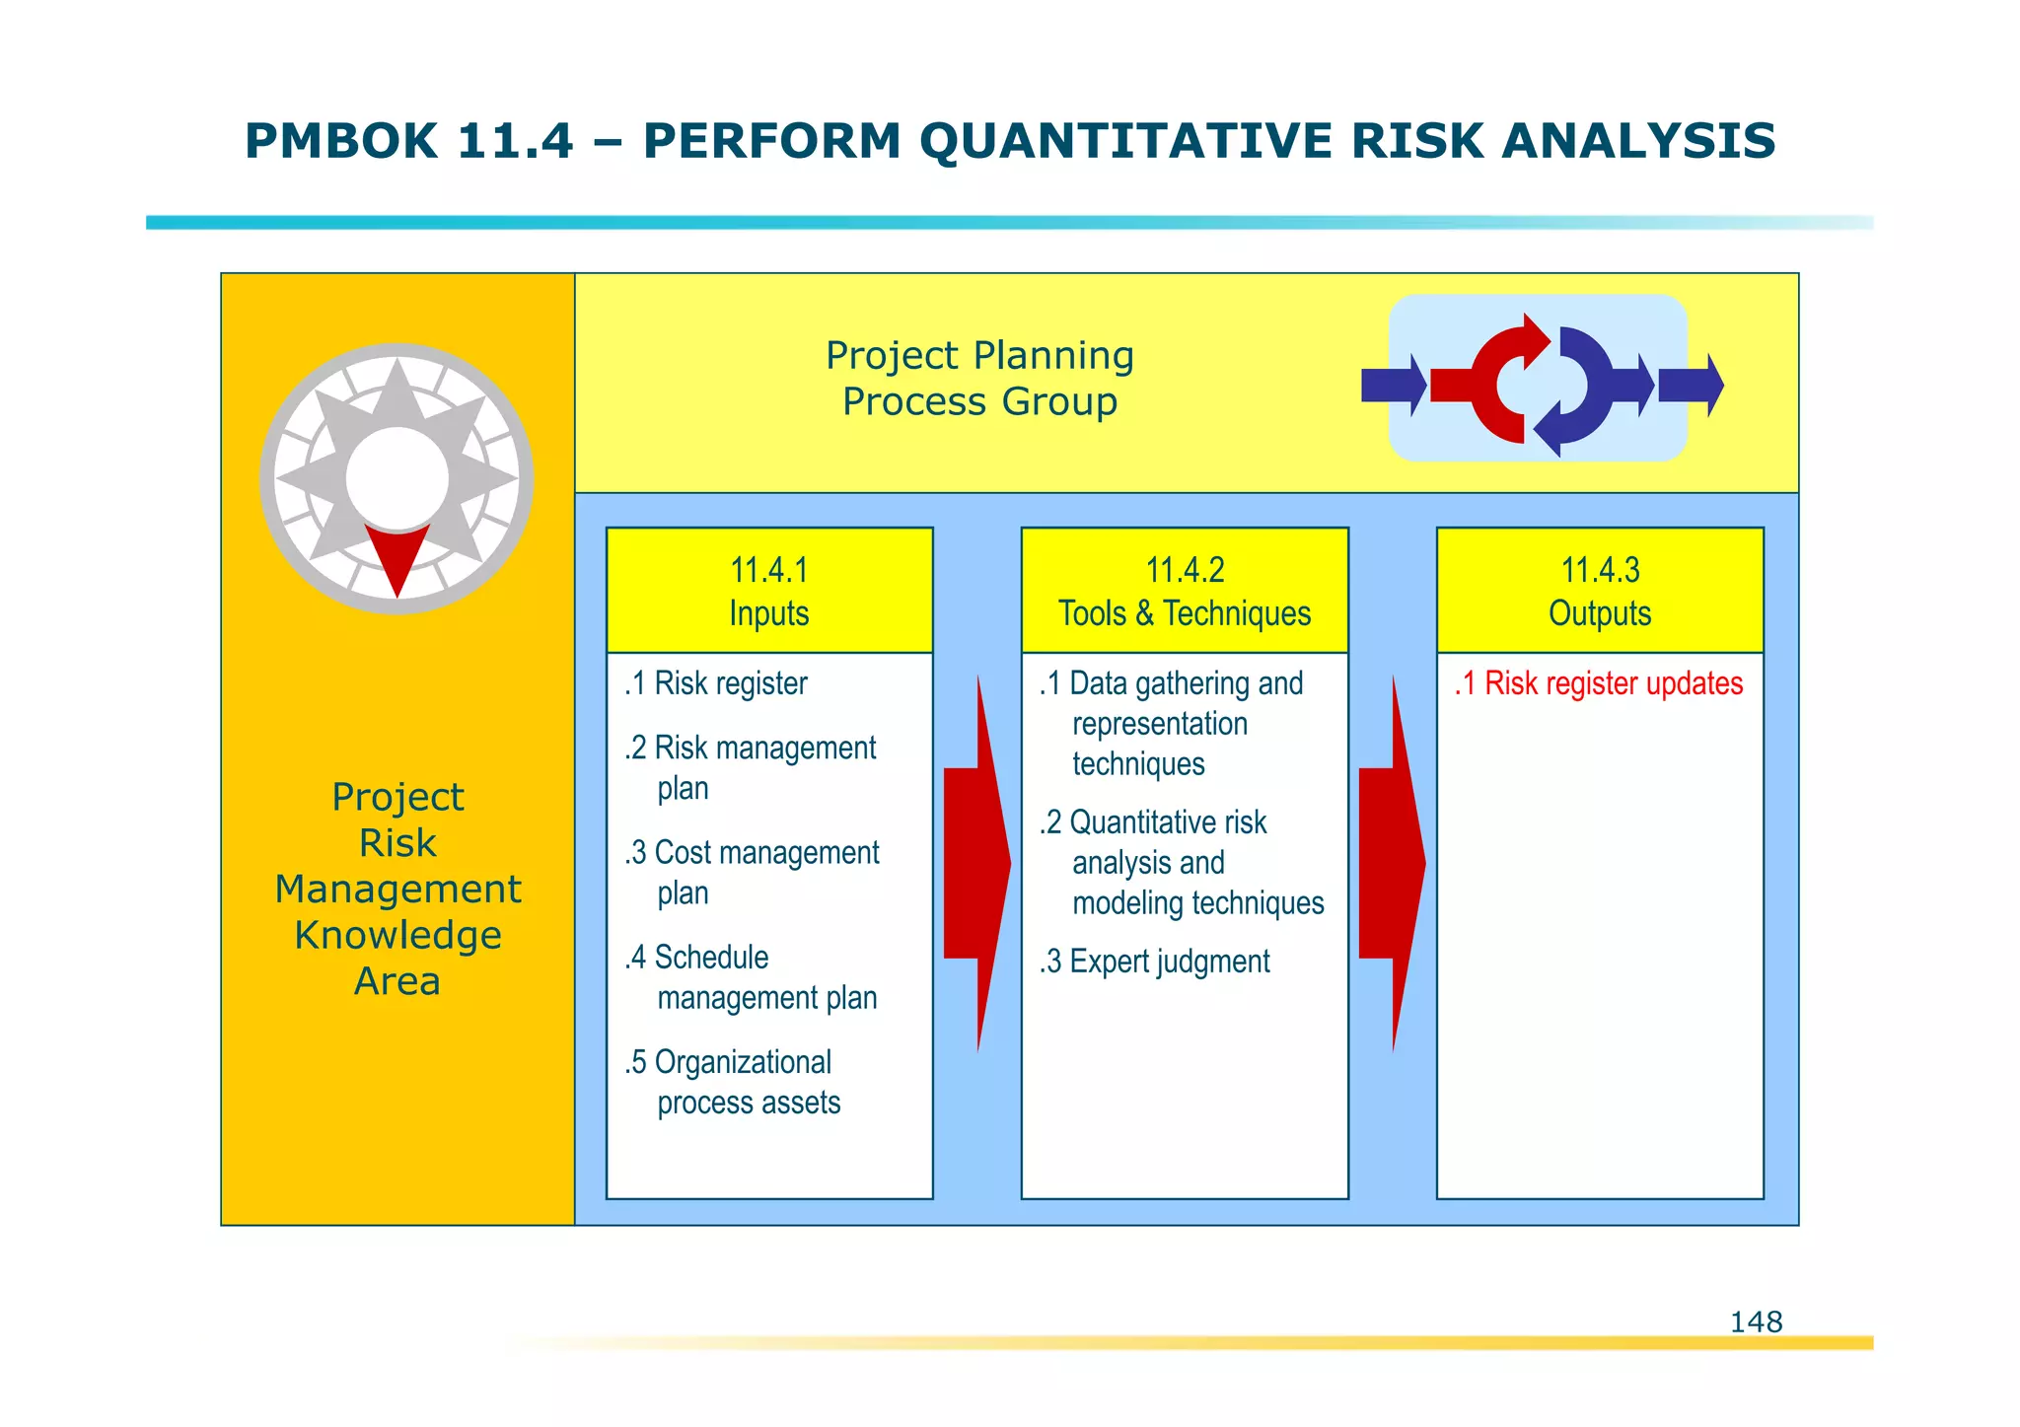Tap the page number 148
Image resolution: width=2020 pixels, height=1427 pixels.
click(1755, 1321)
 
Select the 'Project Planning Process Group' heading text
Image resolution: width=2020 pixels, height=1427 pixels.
click(979, 379)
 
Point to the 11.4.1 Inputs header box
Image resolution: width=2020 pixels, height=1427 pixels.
click(768, 591)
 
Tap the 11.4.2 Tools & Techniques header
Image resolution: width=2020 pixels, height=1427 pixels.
click(1184, 591)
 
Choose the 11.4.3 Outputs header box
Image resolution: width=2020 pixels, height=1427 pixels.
click(1599, 591)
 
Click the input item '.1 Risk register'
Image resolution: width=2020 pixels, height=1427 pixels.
click(717, 683)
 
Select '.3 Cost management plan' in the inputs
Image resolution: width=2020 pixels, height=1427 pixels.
click(752, 872)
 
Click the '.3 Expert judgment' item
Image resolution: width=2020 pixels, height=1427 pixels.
click(1155, 961)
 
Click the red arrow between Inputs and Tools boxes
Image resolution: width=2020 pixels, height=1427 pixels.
click(976, 863)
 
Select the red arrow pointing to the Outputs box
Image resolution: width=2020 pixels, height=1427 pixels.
click(1392, 863)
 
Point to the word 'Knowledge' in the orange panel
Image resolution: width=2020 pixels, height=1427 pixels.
click(397, 935)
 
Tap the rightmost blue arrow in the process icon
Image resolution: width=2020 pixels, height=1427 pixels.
click(1690, 386)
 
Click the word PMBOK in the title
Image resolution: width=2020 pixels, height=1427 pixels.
click(340, 141)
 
